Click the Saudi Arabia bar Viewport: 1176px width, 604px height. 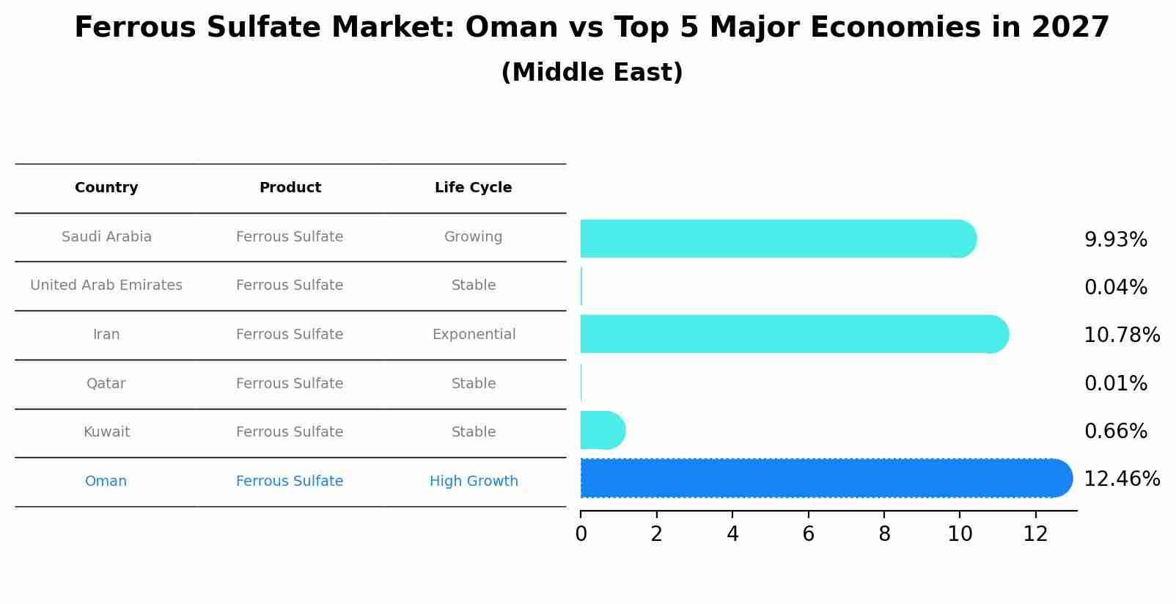click(x=777, y=239)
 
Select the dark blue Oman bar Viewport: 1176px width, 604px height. click(x=825, y=479)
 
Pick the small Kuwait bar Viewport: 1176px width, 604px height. click(x=601, y=430)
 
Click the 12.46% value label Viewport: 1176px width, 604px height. click(x=1121, y=479)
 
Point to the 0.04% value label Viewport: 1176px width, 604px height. click(x=1115, y=288)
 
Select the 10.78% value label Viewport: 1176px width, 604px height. click(x=1121, y=335)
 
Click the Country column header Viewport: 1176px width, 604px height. click(x=106, y=188)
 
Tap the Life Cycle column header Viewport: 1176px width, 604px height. click(x=473, y=188)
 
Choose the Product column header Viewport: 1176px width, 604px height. click(x=290, y=188)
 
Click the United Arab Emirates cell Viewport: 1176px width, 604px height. click(x=106, y=285)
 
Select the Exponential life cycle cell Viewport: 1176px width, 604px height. click(x=474, y=335)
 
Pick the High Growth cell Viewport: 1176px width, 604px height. click(x=474, y=481)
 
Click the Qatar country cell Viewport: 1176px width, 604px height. click(x=106, y=384)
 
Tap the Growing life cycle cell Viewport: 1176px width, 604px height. click(x=473, y=237)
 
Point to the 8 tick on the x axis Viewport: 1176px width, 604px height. click(x=884, y=534)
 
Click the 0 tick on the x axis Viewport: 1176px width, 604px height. click(x=581, y=534)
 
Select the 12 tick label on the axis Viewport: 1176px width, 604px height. click(x=1035, y=534)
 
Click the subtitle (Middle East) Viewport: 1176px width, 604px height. click(x=592, y=73)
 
